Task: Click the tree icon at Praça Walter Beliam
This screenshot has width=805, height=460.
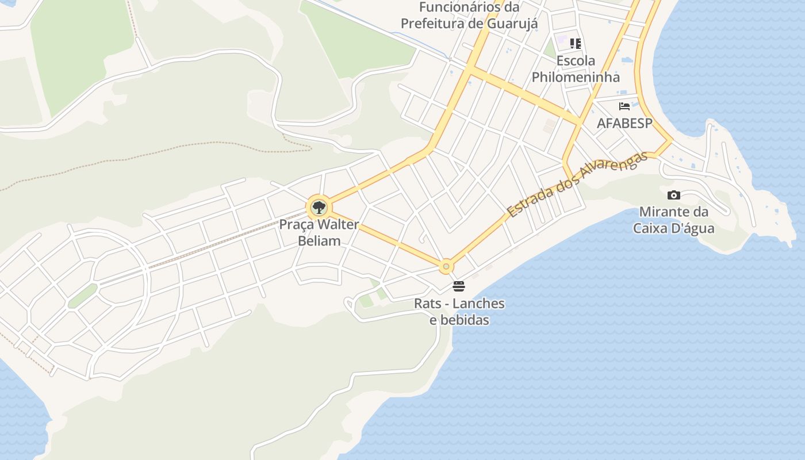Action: [319, 208]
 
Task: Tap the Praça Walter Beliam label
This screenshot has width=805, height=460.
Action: [319, 232]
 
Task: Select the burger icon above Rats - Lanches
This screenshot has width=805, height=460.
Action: [459, 286]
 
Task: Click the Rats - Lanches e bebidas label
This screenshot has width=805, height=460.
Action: [459, 311]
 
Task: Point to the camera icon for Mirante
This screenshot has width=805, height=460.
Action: [674, 195]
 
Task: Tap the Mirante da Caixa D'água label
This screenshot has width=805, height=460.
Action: [674, 220]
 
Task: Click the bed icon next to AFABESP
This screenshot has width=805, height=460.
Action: [624, 106]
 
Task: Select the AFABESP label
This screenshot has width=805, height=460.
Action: [624, 123]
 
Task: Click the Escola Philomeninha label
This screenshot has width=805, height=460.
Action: [576, 68]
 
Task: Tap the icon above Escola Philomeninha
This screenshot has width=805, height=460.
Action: [576, 43]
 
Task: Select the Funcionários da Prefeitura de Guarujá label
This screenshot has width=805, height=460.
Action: [469, 16]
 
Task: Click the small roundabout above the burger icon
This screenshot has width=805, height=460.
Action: [446, 267]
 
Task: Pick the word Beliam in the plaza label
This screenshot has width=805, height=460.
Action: [319, 241]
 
